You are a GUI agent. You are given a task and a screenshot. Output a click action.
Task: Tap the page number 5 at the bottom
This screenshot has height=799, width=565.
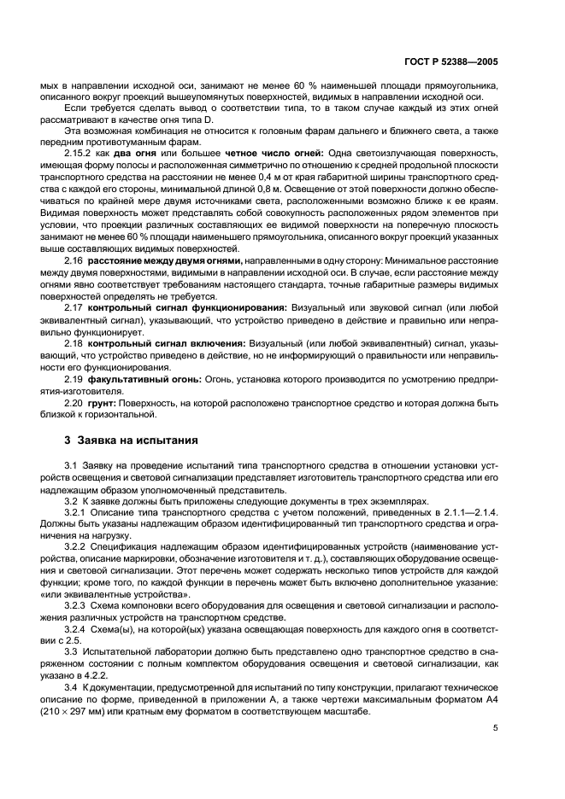pos(496,728)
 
